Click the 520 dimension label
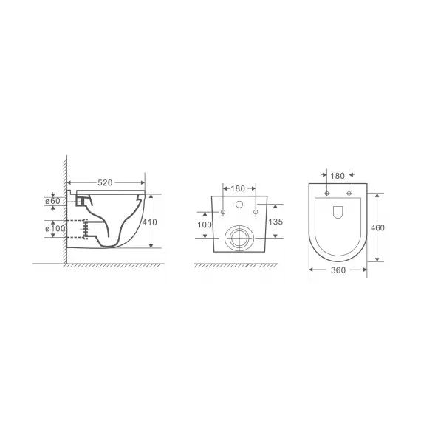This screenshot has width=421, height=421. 105,183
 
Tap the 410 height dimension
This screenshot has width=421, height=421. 149,222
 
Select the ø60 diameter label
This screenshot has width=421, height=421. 52,201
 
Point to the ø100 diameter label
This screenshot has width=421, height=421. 55,229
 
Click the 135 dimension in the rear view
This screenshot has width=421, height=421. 275,222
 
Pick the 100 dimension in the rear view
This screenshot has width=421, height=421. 205,225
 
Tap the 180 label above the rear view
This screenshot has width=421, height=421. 238,188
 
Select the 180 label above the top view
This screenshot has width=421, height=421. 338,176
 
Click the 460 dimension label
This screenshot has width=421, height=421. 377,227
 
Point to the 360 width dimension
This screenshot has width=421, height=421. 338,270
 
